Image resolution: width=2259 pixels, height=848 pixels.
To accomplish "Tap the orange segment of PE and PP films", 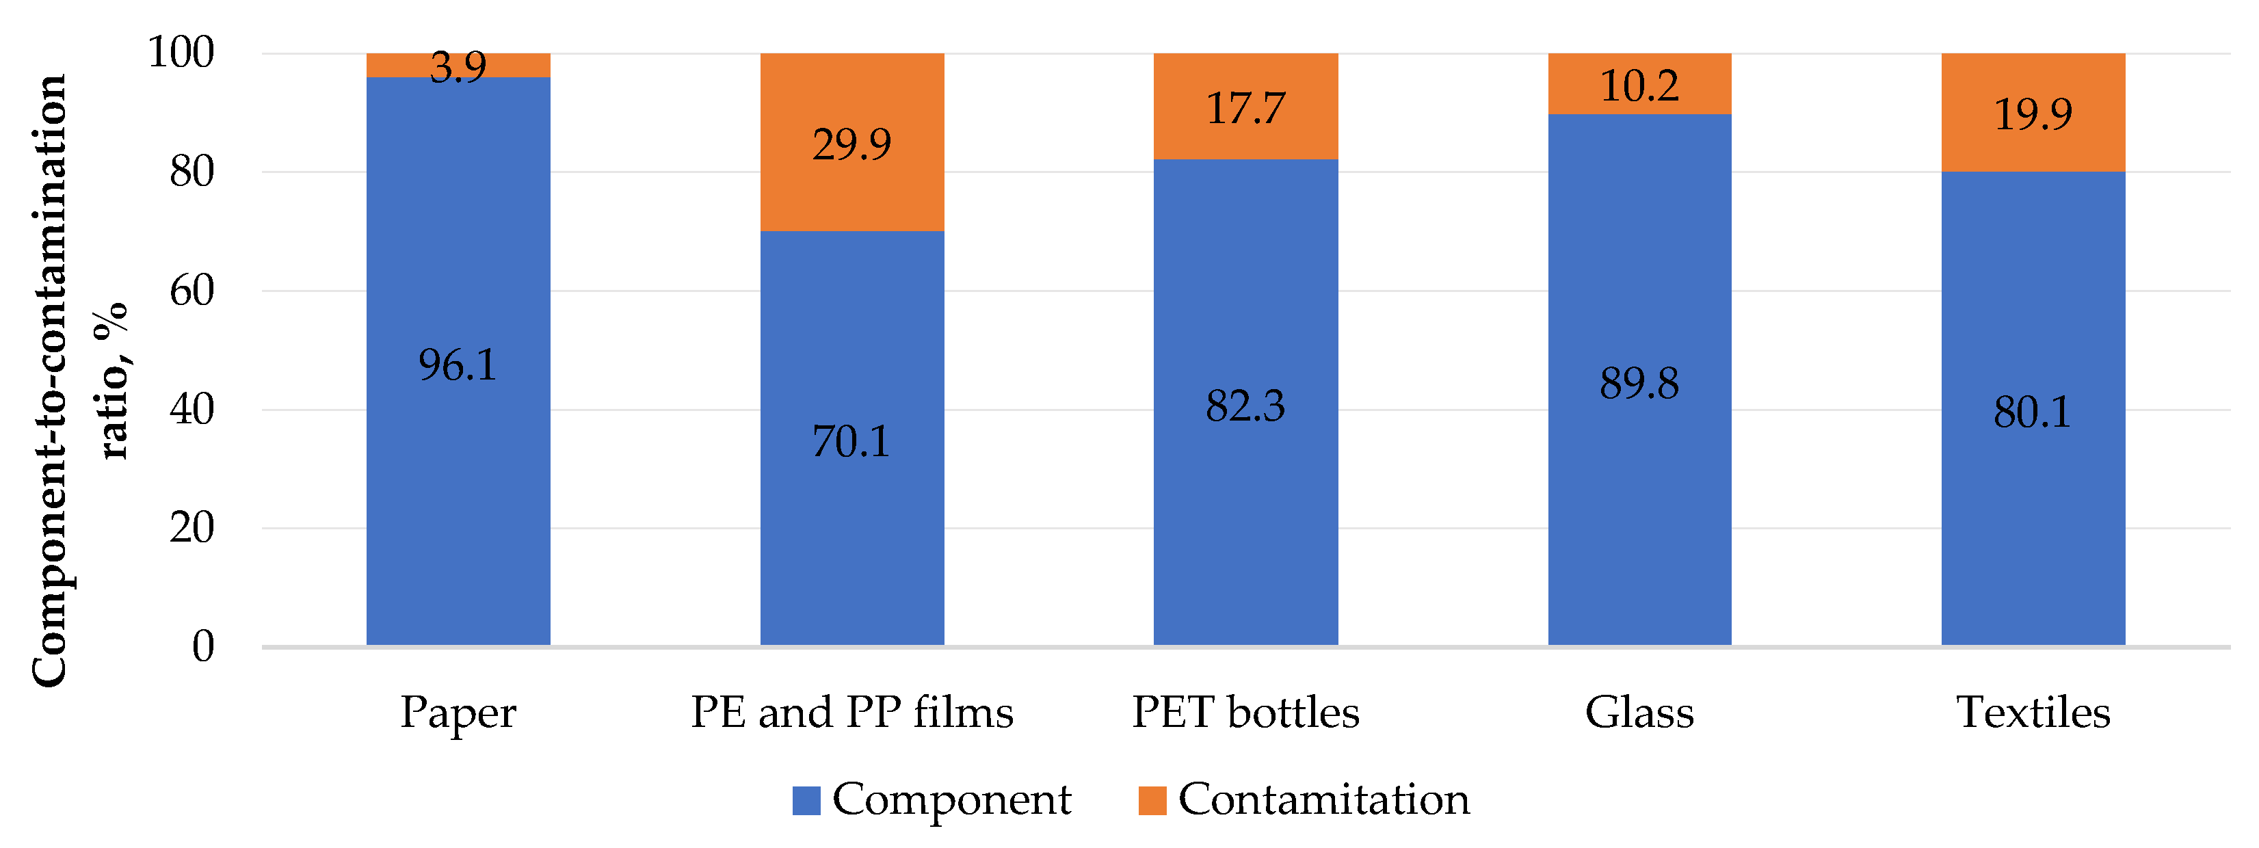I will (x=851, y=193).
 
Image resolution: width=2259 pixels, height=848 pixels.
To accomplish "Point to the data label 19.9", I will (x=2032, y=114).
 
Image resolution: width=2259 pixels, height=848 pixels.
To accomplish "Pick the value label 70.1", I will (x=851, y=441).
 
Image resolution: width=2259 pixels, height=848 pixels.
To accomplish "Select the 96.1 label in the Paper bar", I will (x=457, y=365).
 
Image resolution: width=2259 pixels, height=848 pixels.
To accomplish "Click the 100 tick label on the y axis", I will (x=181, y=53).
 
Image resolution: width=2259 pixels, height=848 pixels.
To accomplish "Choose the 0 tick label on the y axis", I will (x=202, y=646).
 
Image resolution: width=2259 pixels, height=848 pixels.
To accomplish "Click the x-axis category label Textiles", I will (x=2032, y=711).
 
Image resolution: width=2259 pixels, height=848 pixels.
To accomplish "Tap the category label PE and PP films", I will (x=851, y=711).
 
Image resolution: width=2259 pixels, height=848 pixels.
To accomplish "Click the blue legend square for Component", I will (x=806, y=799).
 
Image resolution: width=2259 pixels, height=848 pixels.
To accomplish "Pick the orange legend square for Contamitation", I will (x=1152, y=799).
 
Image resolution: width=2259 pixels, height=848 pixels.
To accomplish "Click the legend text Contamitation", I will (x=1323, y=799).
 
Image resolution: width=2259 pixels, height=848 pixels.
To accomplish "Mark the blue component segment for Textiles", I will (x=2032, y=526).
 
